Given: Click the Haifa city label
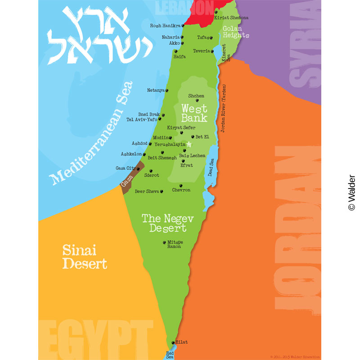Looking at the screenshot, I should pos(180,57).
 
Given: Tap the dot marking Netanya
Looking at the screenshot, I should pos(167,90).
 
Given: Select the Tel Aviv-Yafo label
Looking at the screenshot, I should pos(142,120).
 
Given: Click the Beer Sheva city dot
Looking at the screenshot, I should pos(162,191).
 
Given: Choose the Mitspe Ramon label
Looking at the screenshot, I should pos(174,244).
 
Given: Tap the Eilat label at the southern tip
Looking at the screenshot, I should pos(181,342).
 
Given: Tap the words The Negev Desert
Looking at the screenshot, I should pos(167,223).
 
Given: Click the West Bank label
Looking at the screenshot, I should pos(194,113).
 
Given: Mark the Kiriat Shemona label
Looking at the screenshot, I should pos(231,18).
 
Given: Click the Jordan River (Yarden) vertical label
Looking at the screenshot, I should pos(223,108).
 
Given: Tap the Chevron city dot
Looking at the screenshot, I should pos(181,185).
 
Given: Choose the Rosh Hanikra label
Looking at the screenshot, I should pos(165,26).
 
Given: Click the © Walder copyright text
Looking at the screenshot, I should pos(351,193).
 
